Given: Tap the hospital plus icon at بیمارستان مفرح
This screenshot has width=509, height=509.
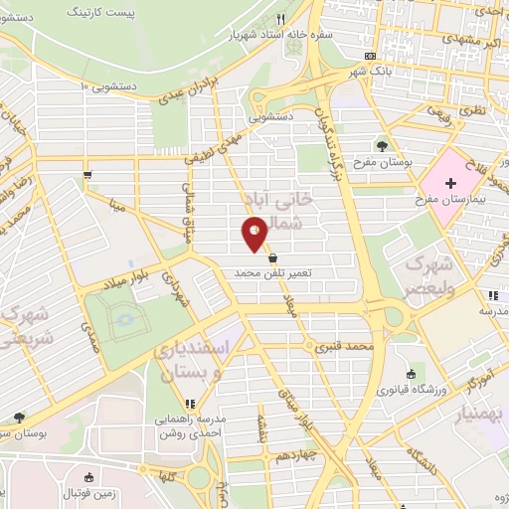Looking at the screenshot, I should point(450,183).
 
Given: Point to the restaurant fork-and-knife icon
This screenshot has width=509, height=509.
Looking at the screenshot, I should point(282,19).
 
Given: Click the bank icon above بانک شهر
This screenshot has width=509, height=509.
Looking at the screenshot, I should point(370,56).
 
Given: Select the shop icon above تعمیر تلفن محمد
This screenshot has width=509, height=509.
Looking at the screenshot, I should point(272,256).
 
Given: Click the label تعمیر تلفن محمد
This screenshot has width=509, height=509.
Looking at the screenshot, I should point(272,271).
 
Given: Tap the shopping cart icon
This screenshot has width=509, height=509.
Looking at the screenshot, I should point(89,175).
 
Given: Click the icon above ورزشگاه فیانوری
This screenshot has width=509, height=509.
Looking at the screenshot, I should point(411,374).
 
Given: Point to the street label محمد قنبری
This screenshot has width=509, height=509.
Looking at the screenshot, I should point(344,348).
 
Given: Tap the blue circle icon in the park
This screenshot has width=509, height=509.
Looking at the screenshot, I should point(124,320).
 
